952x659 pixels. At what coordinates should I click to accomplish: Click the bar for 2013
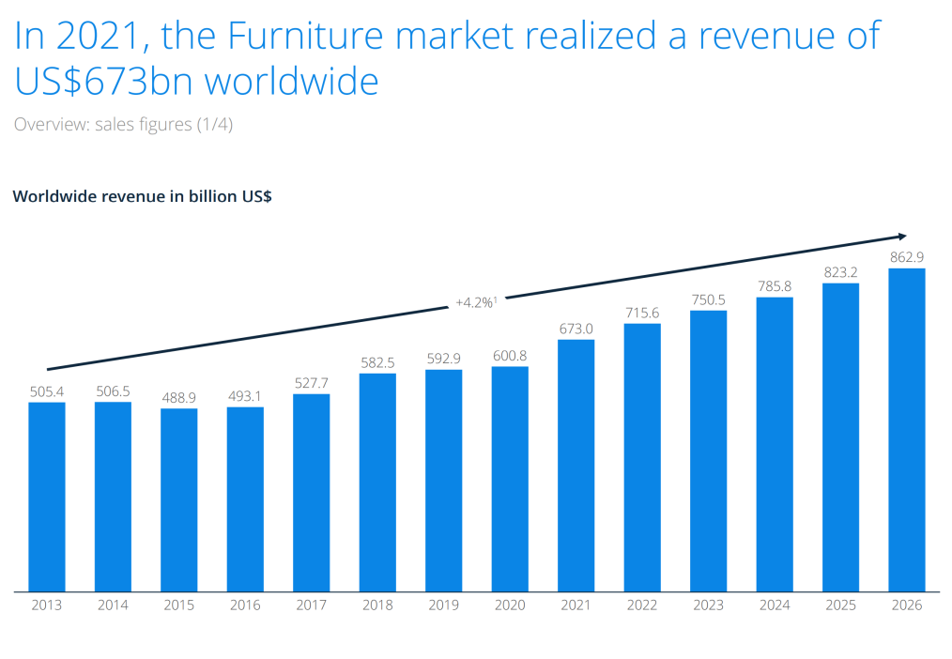click(x=46, y=497)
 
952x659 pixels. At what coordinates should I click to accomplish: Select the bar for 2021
click(x=576, y=466)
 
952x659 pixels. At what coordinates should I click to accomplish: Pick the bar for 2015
click(x=178, y=500)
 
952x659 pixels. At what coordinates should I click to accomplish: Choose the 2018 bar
click(x=377, y=483)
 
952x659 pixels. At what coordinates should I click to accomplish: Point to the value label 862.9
click(x=906, y=256)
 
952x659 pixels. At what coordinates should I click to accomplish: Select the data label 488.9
click(x=178, y=396)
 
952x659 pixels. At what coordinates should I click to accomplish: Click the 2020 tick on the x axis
click(x=510, y=605)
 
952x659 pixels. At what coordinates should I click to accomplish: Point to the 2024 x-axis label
click(x=774, y=605)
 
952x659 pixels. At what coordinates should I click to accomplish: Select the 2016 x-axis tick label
click(x=245, y=605)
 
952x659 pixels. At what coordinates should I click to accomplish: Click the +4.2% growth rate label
click(x=475, y=302)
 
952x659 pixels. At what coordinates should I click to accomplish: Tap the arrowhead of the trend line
click(x=902, y=236)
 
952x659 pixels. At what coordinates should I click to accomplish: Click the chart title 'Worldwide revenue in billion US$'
click(x=142, y=197)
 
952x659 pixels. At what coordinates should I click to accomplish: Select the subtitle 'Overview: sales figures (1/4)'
click(x=123, y=124)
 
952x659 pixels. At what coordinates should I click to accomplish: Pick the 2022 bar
click(x=642, y=458)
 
